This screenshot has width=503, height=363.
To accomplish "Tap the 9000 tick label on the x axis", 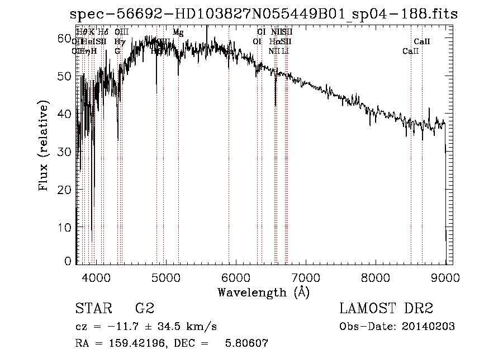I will pyautogui.click(x=445, y=276).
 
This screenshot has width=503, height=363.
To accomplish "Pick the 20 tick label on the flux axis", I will pyautogui.click(x=65, y=190).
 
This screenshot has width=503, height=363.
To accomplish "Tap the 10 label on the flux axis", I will pyautogui.click(x=65, y=228).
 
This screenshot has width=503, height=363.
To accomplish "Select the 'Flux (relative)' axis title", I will pyautogui.click(x=44, y=145).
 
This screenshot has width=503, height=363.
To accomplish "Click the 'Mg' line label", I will pyautogui.click(x=178, y=32).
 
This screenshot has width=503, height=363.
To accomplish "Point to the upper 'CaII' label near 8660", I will pyautogui.click(x=422, y=41).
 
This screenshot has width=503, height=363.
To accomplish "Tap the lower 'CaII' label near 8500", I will pyautogui.click(x=411, y=51).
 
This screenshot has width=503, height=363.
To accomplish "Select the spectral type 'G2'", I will pyautogui.click(x=144, y=309).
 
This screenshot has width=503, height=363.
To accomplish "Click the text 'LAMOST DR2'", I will pyautogui.click(x=386, y=309).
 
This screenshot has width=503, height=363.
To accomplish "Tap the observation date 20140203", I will pyautogui.click(x=428, y=326).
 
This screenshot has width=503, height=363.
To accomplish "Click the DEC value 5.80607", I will pyautogui.click(x=246, y=344).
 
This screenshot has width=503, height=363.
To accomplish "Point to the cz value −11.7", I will pyautogui.click(x=120, y=326).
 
